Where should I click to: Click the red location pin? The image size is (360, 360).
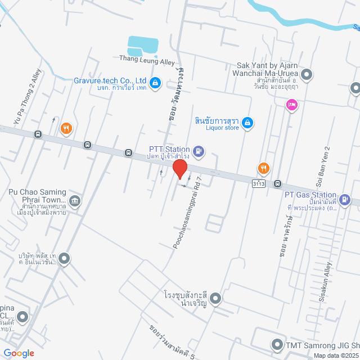[179, 169]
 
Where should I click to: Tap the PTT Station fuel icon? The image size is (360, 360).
[198, 151]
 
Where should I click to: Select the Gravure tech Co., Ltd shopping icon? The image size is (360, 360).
[156, 84]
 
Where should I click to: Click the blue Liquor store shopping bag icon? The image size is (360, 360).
[247, 123]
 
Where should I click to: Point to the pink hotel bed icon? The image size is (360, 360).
[291, 104]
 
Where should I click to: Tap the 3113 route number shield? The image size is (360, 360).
[259, 184]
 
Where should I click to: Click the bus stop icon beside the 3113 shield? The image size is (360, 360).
[277, 183]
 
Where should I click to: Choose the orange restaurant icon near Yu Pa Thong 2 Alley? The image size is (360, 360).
[66, 128]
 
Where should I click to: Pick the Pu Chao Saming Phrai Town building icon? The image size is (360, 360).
[74, 201]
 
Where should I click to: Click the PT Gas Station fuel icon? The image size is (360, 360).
[346, 199]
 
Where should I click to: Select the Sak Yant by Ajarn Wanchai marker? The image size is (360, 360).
[307, 74]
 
